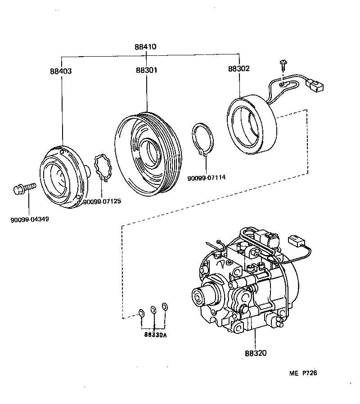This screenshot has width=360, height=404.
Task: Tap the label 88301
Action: click(x=147, y=71)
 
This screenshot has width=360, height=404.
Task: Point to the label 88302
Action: click(x=238, y=69)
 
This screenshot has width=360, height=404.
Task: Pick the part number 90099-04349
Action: click(x=30, y=220)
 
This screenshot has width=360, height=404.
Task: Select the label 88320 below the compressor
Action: click(x=256, y=353)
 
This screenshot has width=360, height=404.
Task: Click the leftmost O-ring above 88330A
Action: click(x=141, y=313)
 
